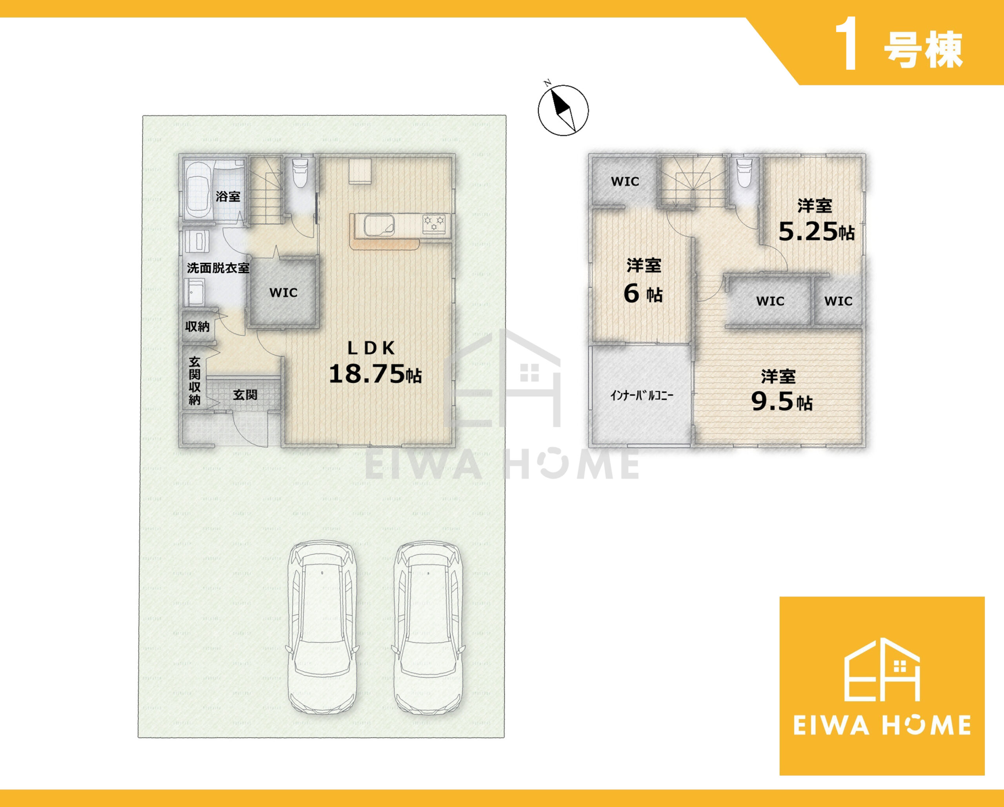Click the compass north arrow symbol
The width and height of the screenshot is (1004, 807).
[x=563, y=110]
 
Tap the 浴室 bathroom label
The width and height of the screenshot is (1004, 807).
[x=228, y=196]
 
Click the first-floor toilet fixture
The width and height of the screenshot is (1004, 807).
[x=299, y=173]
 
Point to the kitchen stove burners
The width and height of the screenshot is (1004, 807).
[x=433, y=223]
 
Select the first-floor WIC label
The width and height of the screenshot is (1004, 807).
[x=283, y=293]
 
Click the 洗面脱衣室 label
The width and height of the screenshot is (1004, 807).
[x=218, y=268]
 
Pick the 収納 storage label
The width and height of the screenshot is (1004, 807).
[x=197, y=327]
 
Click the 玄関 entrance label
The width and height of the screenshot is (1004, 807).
[x=245, y=395]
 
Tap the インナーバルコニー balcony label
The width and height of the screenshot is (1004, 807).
[x=642, y=395]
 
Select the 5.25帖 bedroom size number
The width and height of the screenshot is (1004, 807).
[x=816, y=231]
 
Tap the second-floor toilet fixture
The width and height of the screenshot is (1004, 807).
[x=744, y=173]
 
